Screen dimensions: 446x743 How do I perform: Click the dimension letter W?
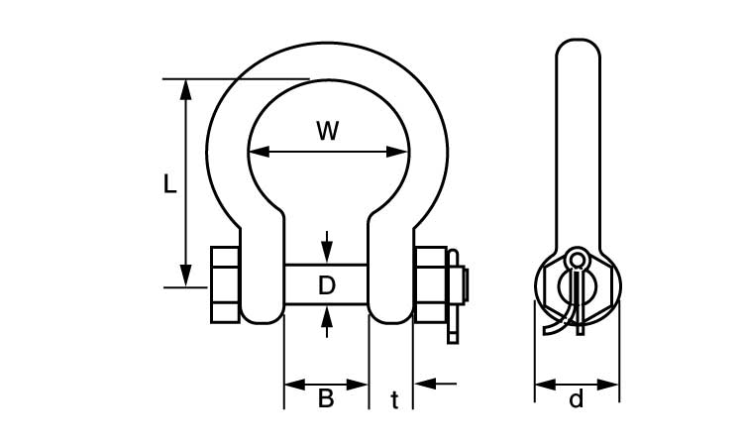328,130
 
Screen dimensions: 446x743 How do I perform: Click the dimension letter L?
169,184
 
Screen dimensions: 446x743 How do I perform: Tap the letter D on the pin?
327,286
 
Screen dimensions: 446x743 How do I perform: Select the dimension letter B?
325,399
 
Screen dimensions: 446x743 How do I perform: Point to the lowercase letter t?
394,400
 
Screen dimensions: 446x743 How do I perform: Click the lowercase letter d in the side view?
577,400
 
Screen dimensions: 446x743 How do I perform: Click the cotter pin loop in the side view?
577,260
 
